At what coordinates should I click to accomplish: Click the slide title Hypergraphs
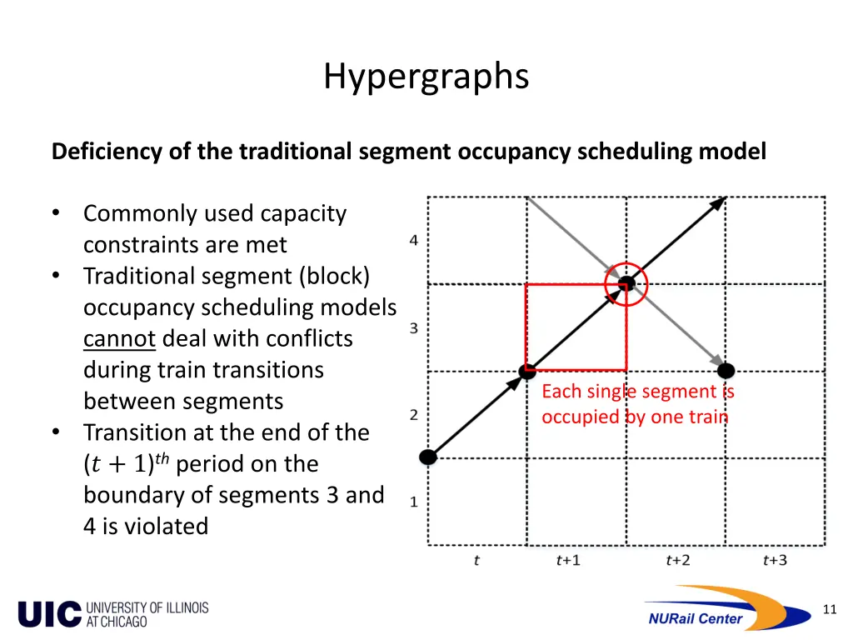(426, 77)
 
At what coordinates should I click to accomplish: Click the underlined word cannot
(119, 339)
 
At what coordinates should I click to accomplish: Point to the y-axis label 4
(414, 241)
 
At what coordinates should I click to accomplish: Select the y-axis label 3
(414, 328)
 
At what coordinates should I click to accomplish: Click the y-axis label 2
(414, 415)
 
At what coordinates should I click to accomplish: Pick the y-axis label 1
(414, 502)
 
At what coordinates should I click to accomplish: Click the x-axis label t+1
(568, 560)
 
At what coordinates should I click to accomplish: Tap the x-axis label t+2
(677, 560)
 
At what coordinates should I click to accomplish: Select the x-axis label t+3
(775, 560)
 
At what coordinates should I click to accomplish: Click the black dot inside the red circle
(626, 283)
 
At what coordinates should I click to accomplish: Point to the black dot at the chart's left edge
(428, 457)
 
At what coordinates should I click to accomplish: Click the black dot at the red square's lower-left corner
(526, 370)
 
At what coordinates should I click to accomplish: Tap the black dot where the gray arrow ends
(726, 370)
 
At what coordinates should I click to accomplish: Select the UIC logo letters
(49, 614)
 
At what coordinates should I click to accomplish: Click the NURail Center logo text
(695, 618)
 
